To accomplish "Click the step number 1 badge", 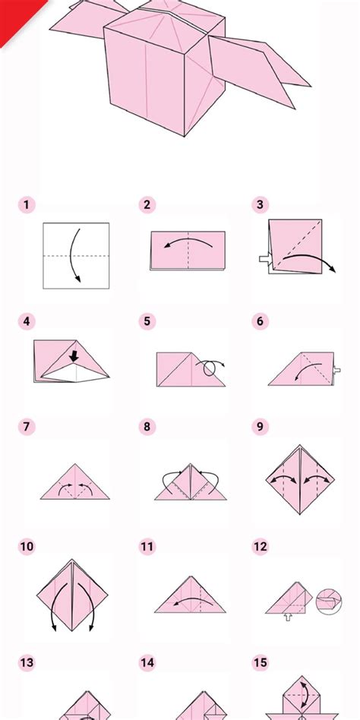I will click(x=26, y=204).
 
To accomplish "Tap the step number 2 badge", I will click(x=147, y=204).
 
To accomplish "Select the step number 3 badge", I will click(x=261, y=204).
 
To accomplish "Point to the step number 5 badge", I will click(x=147, y=321).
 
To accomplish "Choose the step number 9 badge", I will click(x=261, y=426).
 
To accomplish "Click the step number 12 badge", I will click(x=261, y=546).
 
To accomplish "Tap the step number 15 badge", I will click(x=261, y=663).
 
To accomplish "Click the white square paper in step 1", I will click(x=76, y=255).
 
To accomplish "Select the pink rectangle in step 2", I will click(x=188, y=250).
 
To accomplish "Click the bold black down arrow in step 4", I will click(x=75, y=355).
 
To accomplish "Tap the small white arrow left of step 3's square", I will click(x=264, y=260).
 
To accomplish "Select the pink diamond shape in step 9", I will click(x=302, y=480).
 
